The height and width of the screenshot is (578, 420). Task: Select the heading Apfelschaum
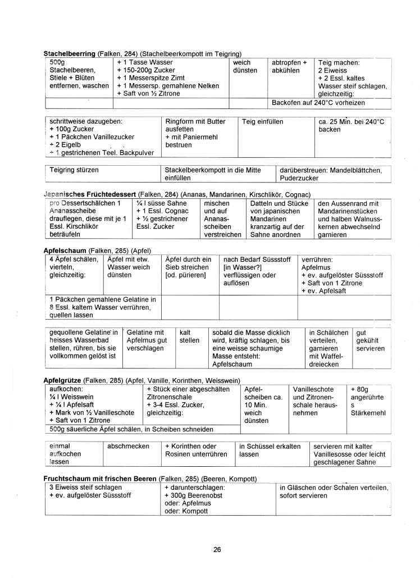pos(65,250)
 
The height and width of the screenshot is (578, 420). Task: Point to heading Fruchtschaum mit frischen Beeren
pos(101,479)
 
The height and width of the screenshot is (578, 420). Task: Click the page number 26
pos(217,549)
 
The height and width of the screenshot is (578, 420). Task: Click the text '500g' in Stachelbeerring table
pos(58,62)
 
